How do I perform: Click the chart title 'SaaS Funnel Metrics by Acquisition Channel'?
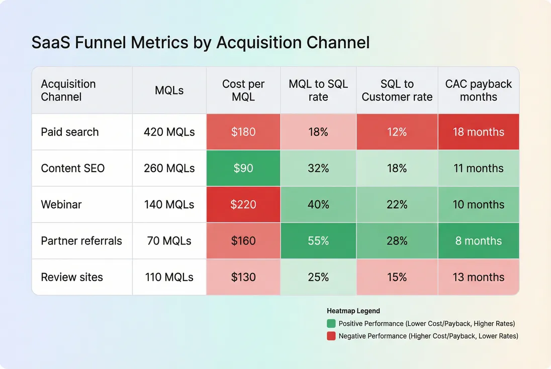201,43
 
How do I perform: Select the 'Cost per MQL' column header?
243,90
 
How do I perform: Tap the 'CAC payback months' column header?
478,90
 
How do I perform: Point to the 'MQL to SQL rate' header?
318,90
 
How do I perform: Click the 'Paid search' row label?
70,132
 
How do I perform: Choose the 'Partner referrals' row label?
81,241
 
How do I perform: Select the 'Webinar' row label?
61,205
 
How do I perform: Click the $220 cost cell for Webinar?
243,205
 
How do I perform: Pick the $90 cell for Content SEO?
243,168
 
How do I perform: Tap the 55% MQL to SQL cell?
318,241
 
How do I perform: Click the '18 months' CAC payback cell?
478,132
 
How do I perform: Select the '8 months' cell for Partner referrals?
478,241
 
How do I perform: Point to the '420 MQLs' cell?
169,132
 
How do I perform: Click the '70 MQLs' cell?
169,241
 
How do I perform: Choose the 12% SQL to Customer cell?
397,132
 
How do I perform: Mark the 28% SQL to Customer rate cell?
397,241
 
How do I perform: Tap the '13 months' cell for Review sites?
478,277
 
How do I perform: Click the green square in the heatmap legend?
331,324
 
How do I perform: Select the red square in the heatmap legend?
331,336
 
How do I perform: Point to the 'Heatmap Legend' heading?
353,311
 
